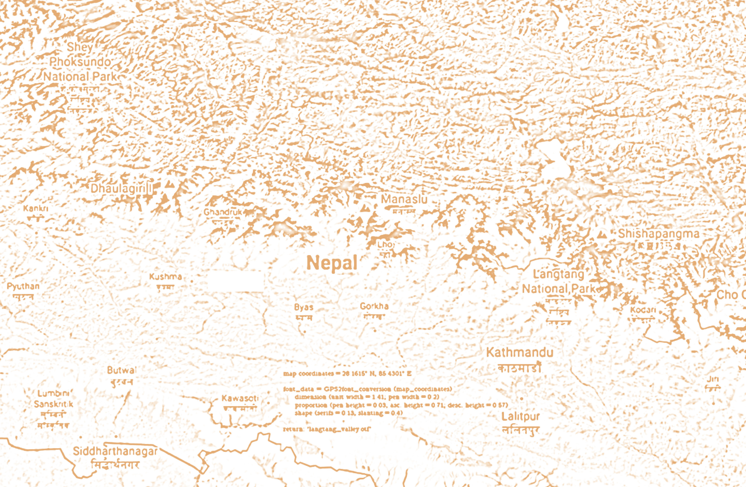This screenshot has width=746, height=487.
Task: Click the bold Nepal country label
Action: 332,263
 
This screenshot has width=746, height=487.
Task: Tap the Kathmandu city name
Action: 519,352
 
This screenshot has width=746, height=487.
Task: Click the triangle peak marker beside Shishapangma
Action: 601,234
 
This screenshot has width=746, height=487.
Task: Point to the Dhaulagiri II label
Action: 122,189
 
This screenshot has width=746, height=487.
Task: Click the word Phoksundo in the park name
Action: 80,62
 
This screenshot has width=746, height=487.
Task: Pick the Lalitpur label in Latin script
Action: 520,416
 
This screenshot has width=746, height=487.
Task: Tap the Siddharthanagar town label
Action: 115,451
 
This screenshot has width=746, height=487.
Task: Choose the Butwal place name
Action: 122,370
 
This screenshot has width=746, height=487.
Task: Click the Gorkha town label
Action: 374,306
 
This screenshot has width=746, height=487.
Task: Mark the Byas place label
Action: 303,307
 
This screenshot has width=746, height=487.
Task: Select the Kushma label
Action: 165,277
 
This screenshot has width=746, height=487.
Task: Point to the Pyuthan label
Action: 23,286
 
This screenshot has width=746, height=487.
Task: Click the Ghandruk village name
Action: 223,212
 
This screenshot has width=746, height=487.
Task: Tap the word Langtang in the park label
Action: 558,274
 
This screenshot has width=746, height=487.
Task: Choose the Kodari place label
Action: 643,310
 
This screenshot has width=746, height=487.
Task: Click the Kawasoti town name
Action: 240,398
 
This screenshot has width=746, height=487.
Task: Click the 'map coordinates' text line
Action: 347,373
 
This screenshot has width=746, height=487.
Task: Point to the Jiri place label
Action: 713,379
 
